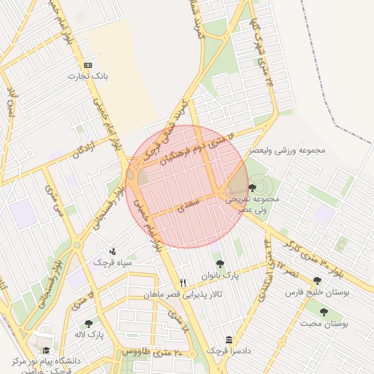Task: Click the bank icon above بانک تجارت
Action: [x=88, y=65]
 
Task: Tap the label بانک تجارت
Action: [x=88, y=75]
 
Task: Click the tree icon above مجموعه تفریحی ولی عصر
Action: [x=252, y=188]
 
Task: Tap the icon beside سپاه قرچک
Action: [x=112, y=251]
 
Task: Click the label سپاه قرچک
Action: [x=112, y=262]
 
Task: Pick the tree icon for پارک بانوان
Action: [x=220, y=264]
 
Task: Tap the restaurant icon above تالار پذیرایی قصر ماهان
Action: [x=183, y=283]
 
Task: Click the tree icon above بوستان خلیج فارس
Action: [x=316, y=280]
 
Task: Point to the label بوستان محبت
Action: [x=325, y=322]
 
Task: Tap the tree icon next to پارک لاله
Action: [x=89, y=323]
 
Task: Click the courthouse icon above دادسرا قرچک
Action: [x=229, y=340]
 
